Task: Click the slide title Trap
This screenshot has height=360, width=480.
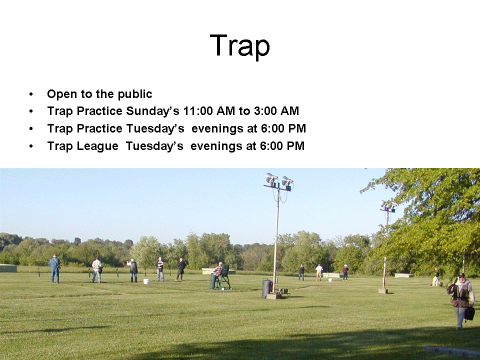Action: click(239, 46)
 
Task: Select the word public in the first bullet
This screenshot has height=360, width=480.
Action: click(134, 94)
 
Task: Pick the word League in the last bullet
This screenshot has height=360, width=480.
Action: click(97, 146)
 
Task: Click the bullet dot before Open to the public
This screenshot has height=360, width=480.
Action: click(31, 94)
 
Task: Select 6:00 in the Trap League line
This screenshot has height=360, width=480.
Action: click(271, 146)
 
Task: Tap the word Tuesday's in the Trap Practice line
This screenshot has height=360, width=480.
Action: click(155, 128)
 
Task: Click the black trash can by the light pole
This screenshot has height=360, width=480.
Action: click(266, 288)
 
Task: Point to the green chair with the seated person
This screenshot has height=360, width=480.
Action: click(224, 277)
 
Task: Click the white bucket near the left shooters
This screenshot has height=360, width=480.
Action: click(145, 281)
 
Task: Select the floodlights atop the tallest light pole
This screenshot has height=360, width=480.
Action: click(279, 180)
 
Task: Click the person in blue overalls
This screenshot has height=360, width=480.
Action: click(55, 268)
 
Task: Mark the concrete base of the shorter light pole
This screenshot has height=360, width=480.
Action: click(382, 291)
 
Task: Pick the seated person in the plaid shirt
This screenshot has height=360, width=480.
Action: click(216, 275)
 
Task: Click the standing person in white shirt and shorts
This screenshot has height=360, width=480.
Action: click(319, 272)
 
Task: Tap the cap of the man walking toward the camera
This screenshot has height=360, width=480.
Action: click(461, 275)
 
